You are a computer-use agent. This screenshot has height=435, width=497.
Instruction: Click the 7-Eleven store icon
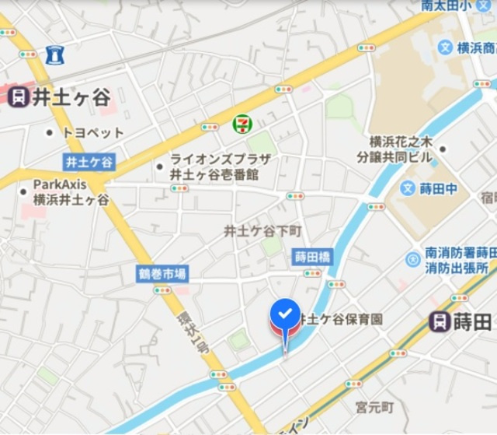242,123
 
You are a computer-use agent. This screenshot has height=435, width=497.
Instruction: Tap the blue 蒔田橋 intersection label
312,256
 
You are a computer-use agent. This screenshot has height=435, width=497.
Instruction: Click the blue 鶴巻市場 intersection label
162,274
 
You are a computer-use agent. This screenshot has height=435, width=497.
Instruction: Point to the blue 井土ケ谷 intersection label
89,162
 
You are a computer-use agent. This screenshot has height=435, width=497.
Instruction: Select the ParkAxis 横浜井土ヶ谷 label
70,192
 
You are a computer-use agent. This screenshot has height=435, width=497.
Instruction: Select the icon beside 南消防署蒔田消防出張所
412,260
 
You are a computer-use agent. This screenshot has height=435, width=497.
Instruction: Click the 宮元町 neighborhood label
374,407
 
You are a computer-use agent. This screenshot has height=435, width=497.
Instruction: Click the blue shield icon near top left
54,54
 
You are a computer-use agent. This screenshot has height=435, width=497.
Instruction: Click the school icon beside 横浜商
445,47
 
